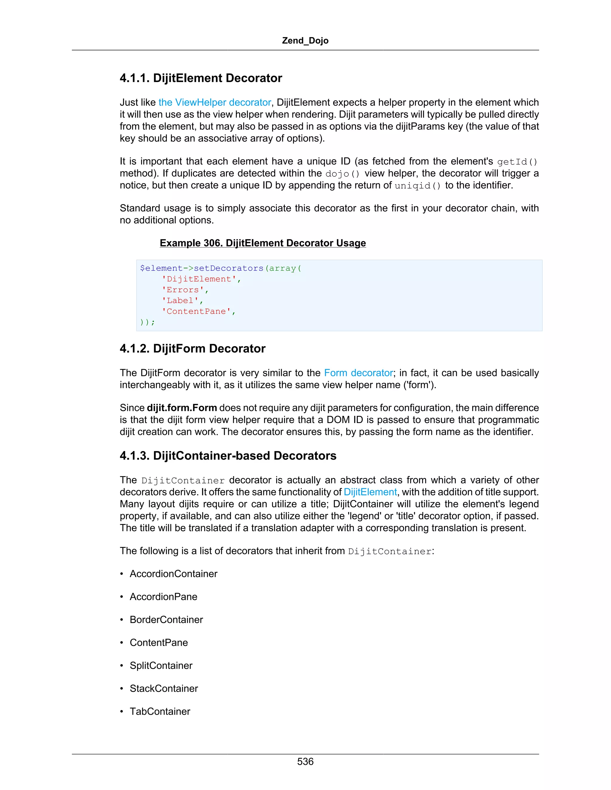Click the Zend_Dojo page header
[x=305, y=41]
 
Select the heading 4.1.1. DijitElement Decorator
[x=201, y=78]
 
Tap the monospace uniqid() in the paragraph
[x=418, y=186]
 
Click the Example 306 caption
[x=263, y=243]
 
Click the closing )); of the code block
[x=147, y=322]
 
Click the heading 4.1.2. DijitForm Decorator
[x=192, y=349]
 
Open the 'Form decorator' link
[x=358, y=373]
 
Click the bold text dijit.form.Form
[x=182, y=408]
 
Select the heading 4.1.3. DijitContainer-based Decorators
[x=228, y=456]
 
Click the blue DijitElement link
[x=370, y=492]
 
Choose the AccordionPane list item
[x=163, y=597]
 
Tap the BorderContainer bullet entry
[x=166, y=620]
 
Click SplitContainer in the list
[x=161, y=666]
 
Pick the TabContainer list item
[x=160, y=712]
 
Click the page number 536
[x=305, y=761]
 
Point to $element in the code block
[x=156, y=268]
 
